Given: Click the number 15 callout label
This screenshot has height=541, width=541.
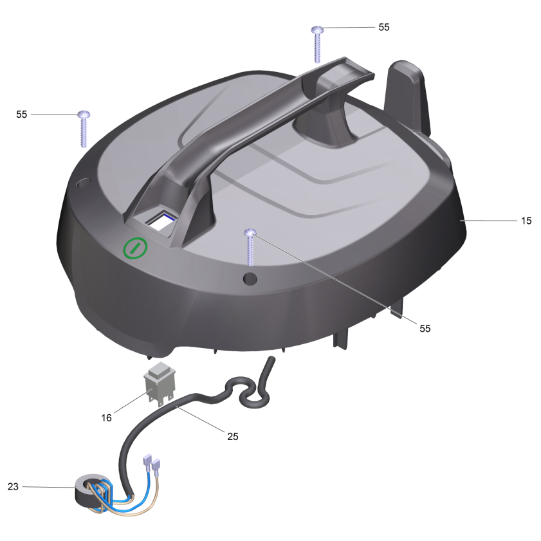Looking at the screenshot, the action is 526,221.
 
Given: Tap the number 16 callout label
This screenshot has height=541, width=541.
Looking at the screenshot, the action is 106,418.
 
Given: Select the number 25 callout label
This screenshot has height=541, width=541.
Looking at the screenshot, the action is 233,436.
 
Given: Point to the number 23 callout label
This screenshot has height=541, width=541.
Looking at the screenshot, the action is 13,486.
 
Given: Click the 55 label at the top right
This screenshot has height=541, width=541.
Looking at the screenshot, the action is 384,27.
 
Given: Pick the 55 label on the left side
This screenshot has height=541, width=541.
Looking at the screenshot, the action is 21,115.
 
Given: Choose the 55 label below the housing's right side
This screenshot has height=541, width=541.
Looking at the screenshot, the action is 425,329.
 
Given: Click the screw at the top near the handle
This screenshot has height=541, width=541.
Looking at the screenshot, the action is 317,44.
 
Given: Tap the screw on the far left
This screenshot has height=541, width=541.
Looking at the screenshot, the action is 84,129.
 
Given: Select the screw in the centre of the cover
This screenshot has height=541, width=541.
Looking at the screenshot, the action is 250,246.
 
